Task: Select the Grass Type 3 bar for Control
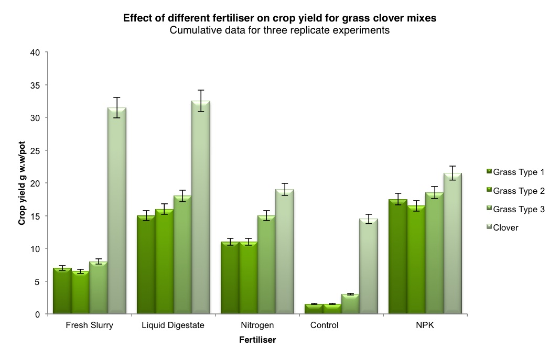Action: click(x=350, y=304)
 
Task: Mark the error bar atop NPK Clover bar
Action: click(x=452, y=173)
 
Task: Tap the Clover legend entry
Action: click(x=505, y=227)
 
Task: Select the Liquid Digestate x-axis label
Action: click(x=173, y=325)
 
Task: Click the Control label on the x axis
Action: click(x=324, y=325)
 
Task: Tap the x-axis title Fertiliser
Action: click(x=257, y=340)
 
